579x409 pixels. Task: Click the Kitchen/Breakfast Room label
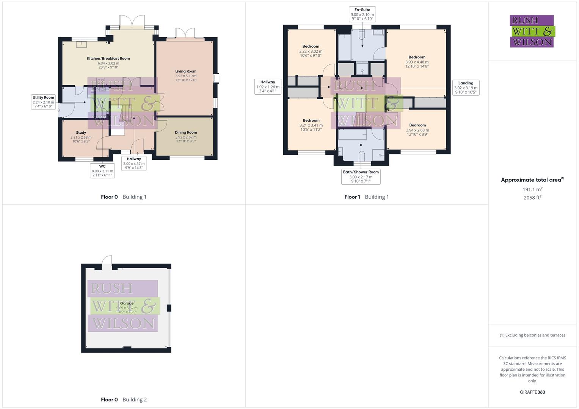point(108,59)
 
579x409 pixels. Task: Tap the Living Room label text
point(186,71)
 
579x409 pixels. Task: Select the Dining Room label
point(186,133)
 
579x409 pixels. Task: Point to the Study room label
point(81,133)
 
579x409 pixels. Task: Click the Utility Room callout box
point(43,102)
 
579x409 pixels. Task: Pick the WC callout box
point(102,171)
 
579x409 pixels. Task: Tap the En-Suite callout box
point(362,14)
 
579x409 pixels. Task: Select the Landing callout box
point(466,87)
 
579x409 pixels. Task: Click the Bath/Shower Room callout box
point(361,176)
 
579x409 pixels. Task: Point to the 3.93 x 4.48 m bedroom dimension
point(417,62)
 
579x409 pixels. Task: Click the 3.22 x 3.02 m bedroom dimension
point(311,52)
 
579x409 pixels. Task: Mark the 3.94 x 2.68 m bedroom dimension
point(417,130)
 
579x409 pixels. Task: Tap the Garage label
point(127,303)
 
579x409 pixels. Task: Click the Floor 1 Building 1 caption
point(366,197)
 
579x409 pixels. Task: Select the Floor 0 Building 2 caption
point(124,400)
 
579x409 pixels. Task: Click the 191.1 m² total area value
point(532,189)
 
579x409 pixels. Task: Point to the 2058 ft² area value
point(532,197)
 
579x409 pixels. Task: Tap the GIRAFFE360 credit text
point(532,392)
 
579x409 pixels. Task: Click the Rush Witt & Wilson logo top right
point(532,31)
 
